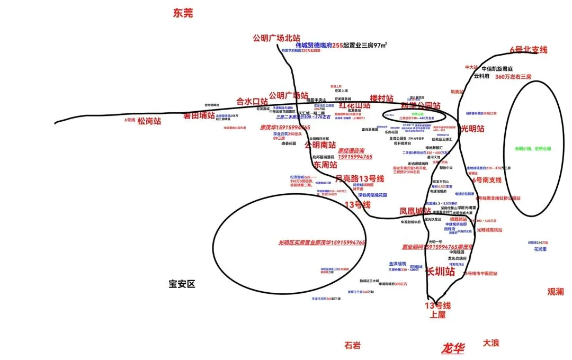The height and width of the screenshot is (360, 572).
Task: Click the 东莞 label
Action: coord(182,14)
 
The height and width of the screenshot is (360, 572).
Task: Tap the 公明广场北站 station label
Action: coord(276,38)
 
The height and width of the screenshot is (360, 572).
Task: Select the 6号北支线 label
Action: coord(528,50)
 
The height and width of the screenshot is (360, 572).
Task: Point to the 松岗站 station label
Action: coord(148,121)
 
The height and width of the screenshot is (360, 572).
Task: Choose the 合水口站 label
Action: coord(252,101)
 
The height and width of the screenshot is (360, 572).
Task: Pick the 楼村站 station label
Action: coord(381,98)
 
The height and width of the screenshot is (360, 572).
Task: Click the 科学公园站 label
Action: coord(421,105)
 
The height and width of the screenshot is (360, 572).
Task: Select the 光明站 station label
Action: coord(472,128)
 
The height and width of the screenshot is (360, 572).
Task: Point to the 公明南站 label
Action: coord(319,144)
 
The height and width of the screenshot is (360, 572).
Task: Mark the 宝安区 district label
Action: coord(182,284)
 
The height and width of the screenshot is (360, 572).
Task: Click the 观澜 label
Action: coord(556,291)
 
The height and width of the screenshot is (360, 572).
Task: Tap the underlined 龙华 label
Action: coord(453,348)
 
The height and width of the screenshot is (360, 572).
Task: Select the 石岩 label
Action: coord(352,345)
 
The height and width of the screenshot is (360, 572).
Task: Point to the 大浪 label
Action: coord(490,343)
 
